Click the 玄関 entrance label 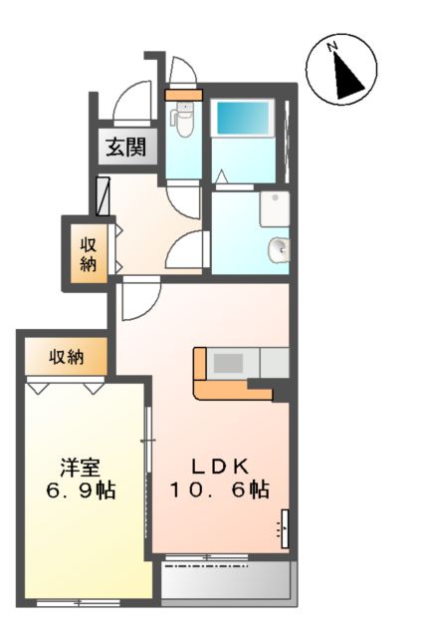126,149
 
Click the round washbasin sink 279,249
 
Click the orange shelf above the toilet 183,96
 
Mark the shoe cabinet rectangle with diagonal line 104,194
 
